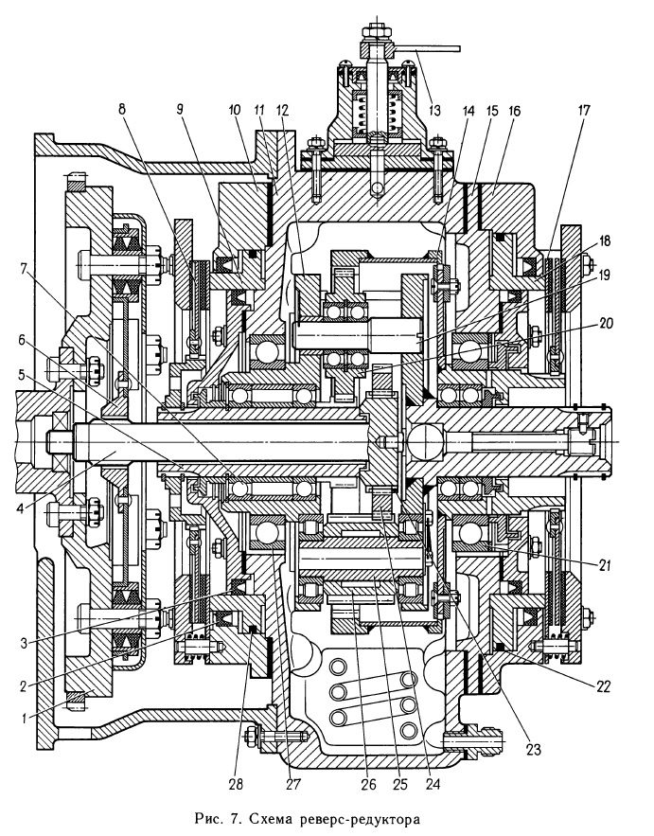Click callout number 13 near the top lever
coord(435,111)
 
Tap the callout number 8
coord(121,109)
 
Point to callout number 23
coord(533,750)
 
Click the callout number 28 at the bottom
coord(236,784)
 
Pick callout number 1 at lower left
coord(24,719)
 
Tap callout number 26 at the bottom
coord(368,784)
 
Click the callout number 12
coord(282,111)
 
